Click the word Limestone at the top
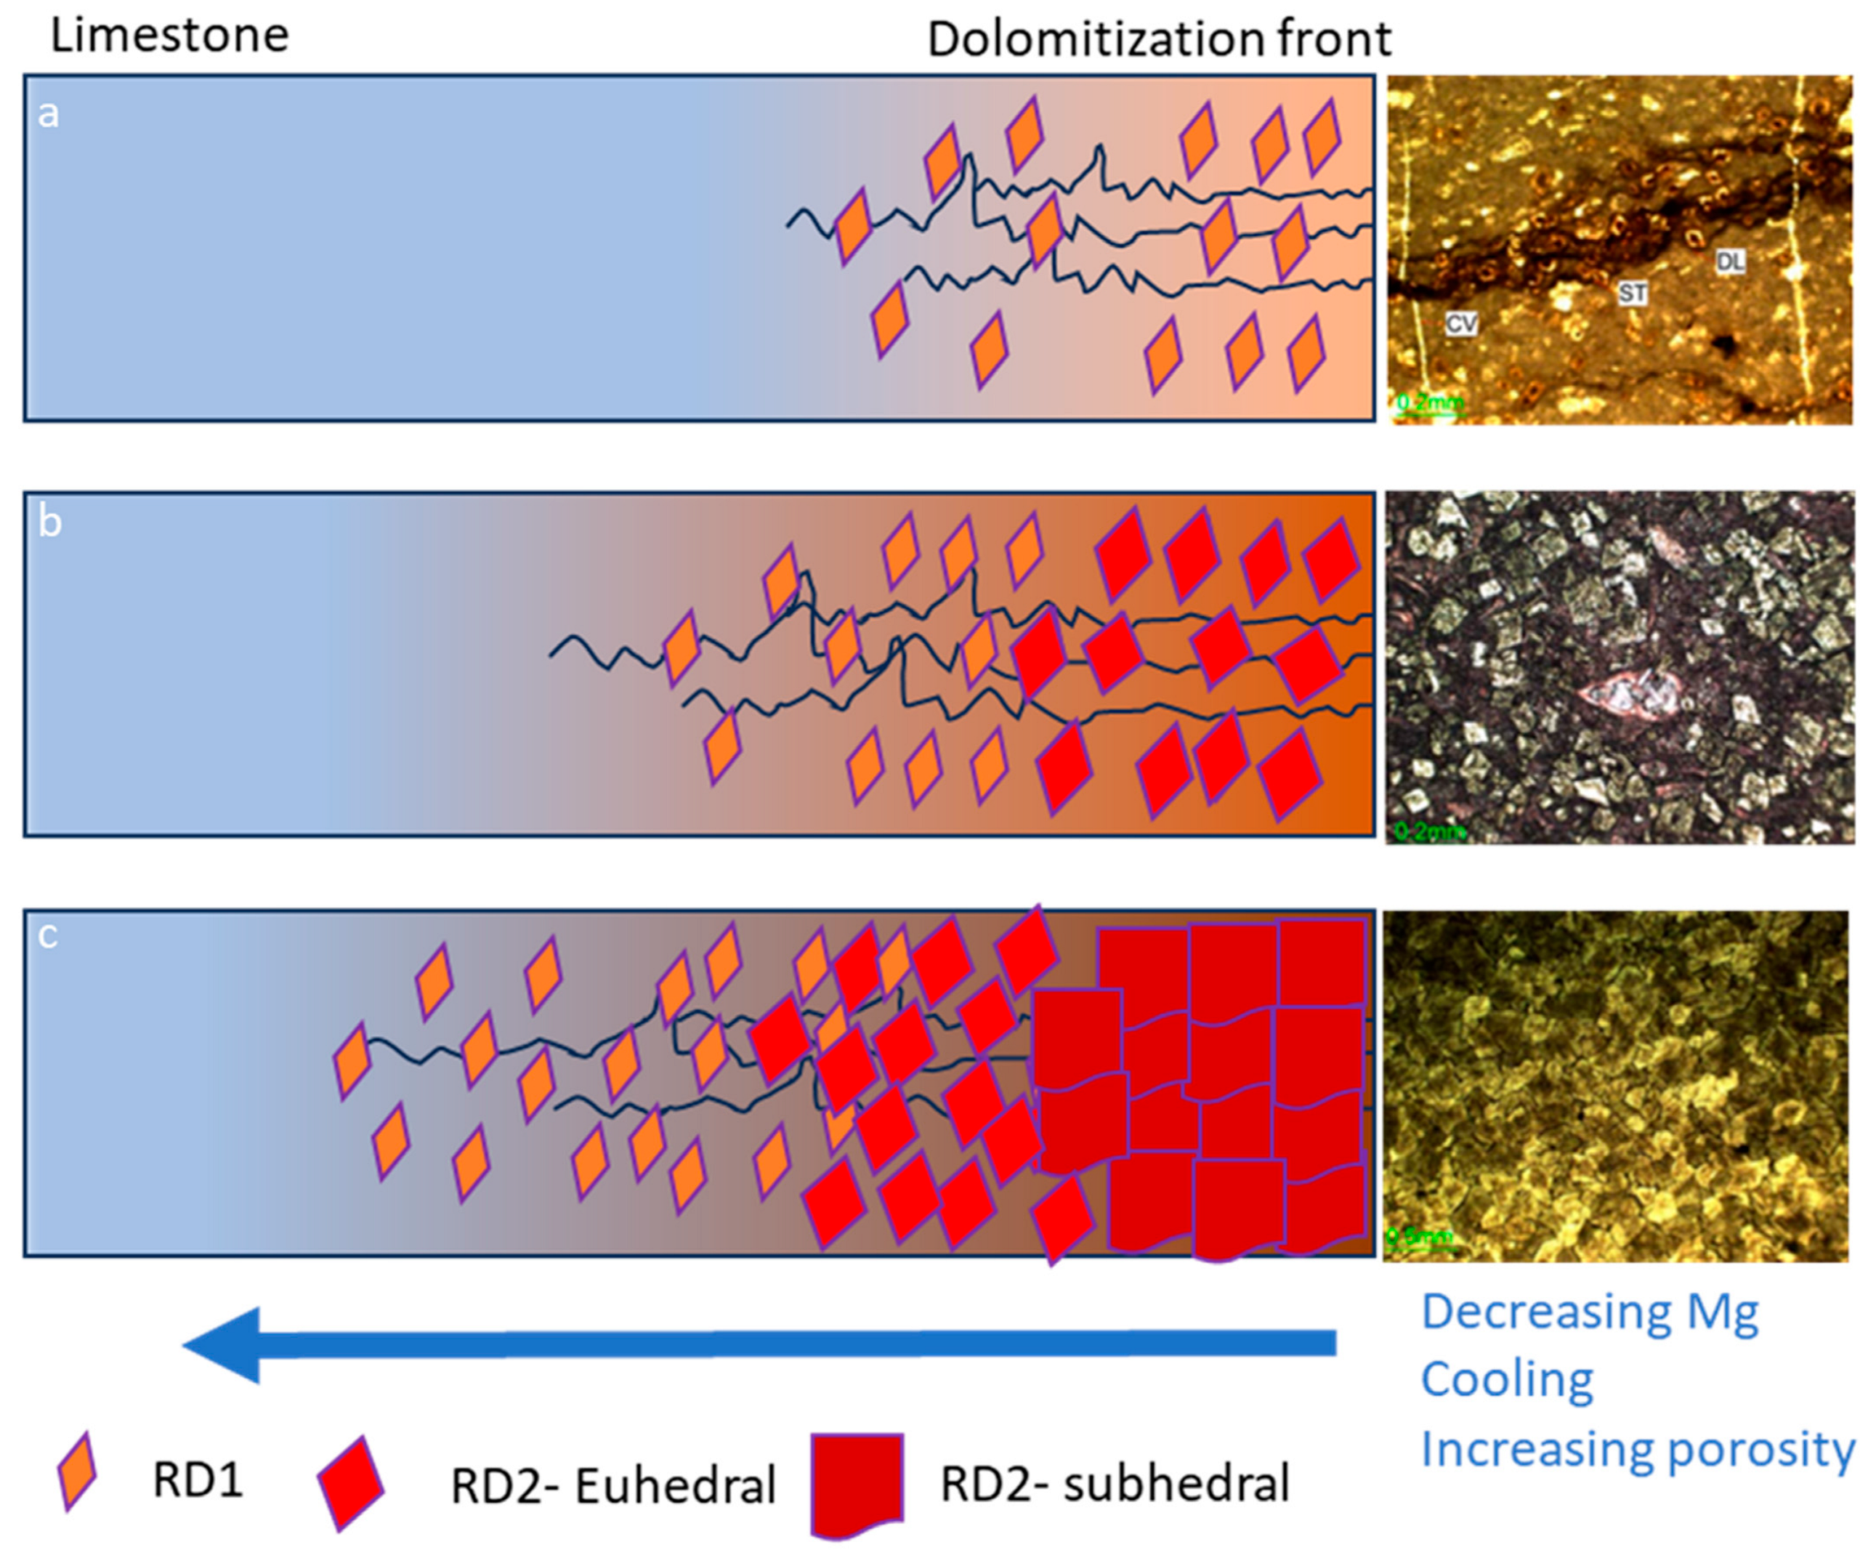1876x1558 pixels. point(170,36)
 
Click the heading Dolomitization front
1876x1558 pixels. point(1159,39)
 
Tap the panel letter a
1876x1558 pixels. point(48,113)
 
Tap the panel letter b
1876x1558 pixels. point(49,521)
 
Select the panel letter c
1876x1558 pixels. point(47,935)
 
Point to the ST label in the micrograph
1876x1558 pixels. point(1632,293)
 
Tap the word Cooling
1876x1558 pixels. point(1506,1379)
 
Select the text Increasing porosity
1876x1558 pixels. point(1636,1448)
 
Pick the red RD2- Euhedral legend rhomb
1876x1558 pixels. point(351,1482)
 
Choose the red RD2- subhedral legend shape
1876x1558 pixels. point(857,1484)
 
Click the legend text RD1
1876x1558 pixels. point(198,1480)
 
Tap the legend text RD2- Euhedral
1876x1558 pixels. point(612,1485)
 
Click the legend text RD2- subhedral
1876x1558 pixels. point(1114,1484)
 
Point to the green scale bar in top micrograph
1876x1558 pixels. point(1429,406)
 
